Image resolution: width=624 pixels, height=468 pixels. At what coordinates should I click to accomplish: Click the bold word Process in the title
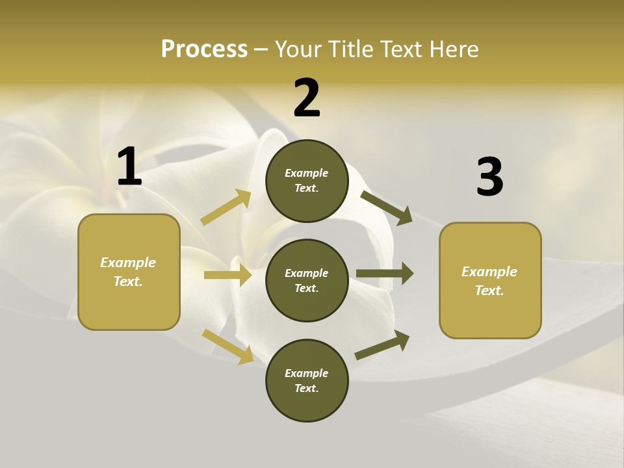click(x=204, y=49)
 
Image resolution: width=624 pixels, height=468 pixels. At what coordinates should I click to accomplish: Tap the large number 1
click(x=129, y=167)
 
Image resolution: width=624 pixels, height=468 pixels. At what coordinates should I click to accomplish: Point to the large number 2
click(x=307, y=98)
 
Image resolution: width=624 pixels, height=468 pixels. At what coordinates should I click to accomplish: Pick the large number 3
click(x=489, y=177)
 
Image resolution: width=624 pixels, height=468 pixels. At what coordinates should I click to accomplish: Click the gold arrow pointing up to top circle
click(x=226, y=207)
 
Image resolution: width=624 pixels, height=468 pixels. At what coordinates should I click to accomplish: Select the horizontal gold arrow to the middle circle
click(x=227, y=275)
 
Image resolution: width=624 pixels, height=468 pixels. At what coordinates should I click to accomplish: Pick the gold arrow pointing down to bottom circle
click(x=228, y=346)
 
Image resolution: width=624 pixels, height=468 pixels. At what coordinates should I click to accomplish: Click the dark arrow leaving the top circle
click(x=387, y=207)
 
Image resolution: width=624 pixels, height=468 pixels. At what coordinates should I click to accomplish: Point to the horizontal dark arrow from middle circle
click(x=384, y=274)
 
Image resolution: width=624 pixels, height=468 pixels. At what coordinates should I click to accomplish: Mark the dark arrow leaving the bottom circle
click(x=383, y=345)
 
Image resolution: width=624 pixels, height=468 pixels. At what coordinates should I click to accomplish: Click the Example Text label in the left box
click(x=128, y=272)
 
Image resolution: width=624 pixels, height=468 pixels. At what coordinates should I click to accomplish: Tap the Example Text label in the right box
click(x=489, y=281)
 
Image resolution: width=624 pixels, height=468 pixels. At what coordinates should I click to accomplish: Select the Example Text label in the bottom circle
click(x=307, y=380)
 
